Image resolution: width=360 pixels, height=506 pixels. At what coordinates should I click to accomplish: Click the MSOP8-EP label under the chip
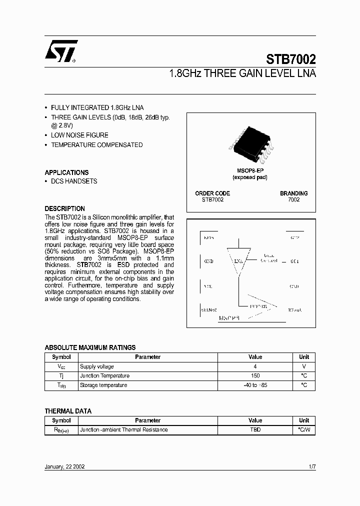[250, 171]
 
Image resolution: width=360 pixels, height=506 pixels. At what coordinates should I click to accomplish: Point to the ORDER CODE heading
[212, 193]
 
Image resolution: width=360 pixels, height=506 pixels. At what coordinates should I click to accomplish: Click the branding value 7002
[293, 200]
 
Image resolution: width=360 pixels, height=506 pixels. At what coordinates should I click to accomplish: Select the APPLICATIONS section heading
[66, 172]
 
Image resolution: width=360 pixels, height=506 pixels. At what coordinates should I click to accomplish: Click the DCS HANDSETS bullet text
[74, 181]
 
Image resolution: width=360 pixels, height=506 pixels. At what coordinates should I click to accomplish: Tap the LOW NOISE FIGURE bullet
[79, 135]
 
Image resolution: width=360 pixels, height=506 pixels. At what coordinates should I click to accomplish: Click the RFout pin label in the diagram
[294, 310]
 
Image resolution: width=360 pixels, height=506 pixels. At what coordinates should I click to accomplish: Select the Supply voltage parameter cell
[97, 366]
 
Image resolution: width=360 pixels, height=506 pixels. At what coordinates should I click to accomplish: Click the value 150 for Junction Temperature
[255, 376]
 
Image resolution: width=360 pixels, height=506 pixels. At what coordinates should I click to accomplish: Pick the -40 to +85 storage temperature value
[255, 385]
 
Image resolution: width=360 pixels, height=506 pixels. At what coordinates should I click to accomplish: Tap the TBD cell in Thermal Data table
[255, 430]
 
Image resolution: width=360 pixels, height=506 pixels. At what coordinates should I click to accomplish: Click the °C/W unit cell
[304, 430]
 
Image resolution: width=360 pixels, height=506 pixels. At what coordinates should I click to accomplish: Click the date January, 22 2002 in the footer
[65, 466]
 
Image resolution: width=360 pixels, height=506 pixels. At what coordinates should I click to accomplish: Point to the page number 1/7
[312, 466]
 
